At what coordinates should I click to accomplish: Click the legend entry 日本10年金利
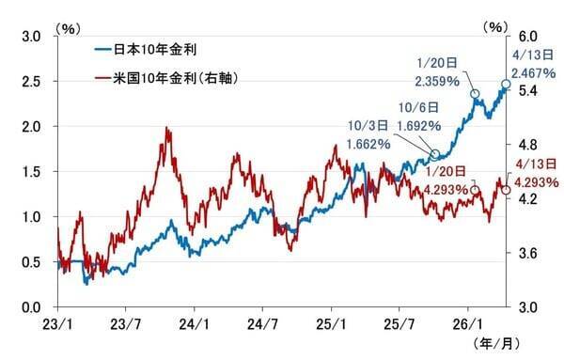click(157, 46)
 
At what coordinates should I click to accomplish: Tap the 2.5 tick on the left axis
click(31, 82)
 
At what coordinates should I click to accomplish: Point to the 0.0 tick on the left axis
click(31, 307)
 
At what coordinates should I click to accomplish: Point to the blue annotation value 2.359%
click(438, 81)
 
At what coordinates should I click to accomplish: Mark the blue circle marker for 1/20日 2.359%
click(475, 94)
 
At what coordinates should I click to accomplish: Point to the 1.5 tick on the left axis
click(31, 172)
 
